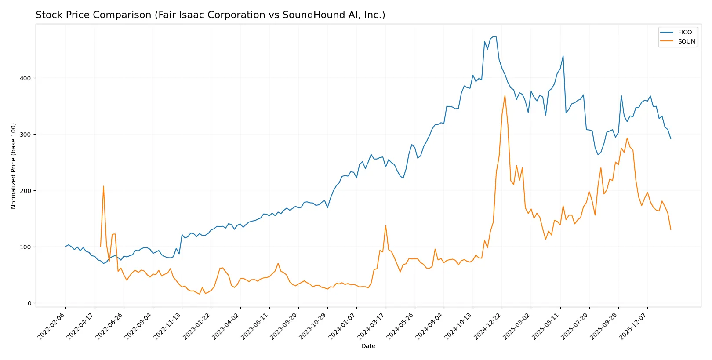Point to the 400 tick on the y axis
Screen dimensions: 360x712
pyautogui.click(x=27, y=78)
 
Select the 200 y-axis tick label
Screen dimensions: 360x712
pyautogui.click(x=27, y=191)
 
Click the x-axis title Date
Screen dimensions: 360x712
pyautogui.click(x=368, y=346)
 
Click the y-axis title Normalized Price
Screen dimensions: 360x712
pyautogui.click(x=14, y=166)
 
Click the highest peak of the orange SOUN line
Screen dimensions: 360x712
pyautogui.click(x=505, y=95)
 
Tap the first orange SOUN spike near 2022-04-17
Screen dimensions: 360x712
pyautogui.click(x=103, y=186)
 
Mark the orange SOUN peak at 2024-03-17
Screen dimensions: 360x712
pyautogui.click(x=385, y=226)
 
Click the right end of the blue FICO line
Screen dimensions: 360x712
pyautogui.click(x=671, y=139)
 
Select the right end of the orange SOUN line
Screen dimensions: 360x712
pyautogui.click(x=671, y=229)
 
